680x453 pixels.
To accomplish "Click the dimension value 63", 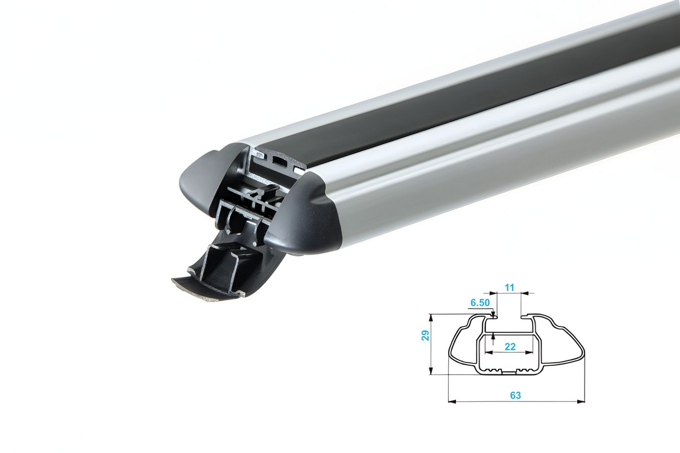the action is pos(515,395).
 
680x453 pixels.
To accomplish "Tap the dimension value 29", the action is pos(426,335).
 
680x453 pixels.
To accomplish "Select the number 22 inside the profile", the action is pos(510,347).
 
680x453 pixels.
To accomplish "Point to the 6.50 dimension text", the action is pos(480,303).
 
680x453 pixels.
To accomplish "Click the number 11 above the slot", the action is pos(510,287).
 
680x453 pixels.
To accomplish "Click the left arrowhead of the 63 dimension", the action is pos(452,402).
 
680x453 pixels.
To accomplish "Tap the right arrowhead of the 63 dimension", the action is pos(581,402).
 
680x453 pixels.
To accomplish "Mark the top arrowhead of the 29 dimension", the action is pos(431,318).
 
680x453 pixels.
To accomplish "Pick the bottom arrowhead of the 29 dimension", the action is pos(431,371).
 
